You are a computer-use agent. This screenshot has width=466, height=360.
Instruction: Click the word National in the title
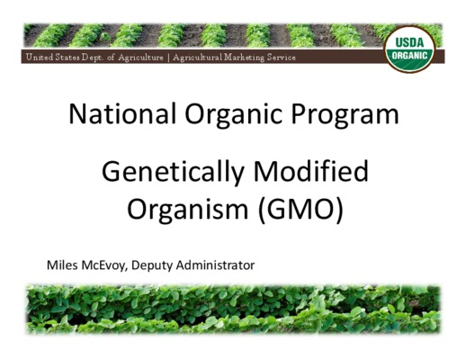click(x=122, y=113)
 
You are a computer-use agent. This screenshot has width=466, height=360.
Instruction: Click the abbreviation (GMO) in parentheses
click(x=300, y=209)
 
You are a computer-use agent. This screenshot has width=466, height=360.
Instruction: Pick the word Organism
click(x=187, y=210)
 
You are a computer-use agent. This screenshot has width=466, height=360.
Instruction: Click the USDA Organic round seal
click(x=409, y=49)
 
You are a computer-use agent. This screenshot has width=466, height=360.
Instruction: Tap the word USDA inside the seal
click(x=409, y=42)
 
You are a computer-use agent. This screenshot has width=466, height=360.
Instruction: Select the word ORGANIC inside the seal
click(x=409, y=56)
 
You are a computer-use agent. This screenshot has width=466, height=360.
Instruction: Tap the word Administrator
click(x=215, y=265)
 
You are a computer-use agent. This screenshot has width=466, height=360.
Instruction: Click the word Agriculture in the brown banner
click(x=140, y=58)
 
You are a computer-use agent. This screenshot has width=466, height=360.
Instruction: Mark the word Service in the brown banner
click(x=282, y=58)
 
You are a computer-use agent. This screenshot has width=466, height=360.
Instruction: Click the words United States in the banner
click(x=53, y=57)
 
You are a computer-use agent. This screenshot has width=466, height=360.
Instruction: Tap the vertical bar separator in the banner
click(x=168, y=58)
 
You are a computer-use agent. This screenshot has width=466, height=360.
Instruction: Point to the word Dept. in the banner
click(x=93, y=58)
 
